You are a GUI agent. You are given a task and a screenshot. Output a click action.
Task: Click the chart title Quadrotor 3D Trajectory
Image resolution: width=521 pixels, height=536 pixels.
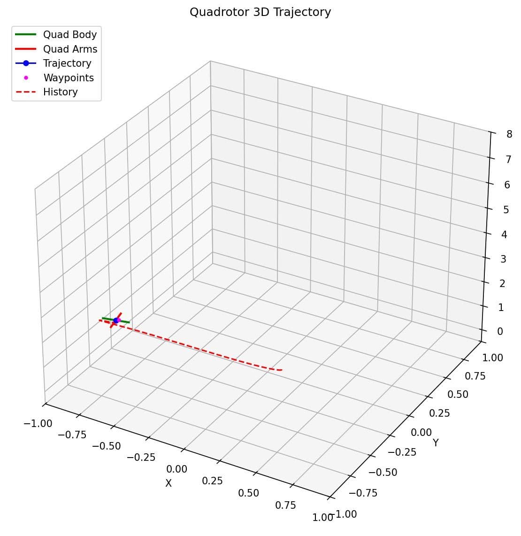click(260, 12)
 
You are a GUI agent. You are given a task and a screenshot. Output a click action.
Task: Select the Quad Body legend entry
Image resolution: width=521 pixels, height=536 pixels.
click(69, 34)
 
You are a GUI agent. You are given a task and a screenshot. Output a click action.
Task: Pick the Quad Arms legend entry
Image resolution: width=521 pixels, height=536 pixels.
click(70, 49)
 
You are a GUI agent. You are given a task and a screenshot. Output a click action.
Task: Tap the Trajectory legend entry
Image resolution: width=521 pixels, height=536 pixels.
click(67, 63)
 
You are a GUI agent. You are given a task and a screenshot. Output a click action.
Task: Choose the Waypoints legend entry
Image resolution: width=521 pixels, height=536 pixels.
click(69, 78)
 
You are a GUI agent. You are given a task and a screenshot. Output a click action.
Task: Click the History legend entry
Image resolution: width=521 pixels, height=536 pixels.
click(60, 92)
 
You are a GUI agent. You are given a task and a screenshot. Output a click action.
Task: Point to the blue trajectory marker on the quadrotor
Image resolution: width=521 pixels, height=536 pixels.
click(116, 320)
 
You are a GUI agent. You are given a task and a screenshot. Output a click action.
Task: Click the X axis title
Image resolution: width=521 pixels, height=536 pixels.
click(169, 483)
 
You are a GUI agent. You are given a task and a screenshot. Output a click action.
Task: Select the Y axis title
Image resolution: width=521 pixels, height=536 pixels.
click(436, 443)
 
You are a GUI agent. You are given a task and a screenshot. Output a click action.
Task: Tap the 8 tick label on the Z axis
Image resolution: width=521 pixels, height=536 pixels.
click(509, 134)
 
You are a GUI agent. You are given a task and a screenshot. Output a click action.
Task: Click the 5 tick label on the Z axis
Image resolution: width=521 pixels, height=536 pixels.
click(506, 210)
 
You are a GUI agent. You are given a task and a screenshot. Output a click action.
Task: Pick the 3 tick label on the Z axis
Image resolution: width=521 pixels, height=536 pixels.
click(503, 259)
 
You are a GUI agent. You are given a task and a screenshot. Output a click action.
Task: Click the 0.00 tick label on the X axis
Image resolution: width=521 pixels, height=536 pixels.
click(176, 469)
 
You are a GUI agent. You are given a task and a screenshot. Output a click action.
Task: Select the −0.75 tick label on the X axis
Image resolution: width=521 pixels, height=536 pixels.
click(72, 435)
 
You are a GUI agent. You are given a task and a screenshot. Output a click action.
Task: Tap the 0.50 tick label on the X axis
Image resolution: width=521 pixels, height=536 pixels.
click(248, 493)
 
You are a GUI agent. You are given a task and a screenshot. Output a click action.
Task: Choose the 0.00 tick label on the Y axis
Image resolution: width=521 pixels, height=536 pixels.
click(421, 432)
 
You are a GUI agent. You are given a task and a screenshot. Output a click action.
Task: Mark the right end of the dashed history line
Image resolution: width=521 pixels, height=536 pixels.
click(282, 370)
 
